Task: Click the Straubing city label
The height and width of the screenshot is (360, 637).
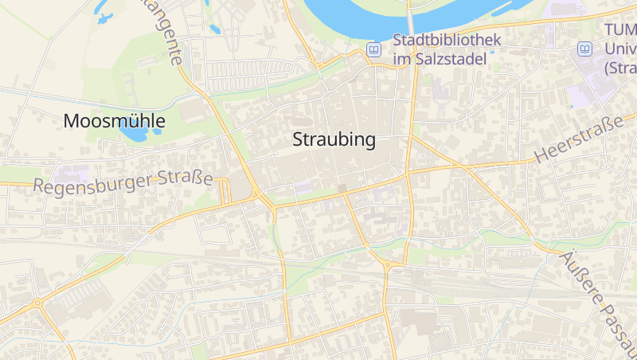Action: click(334, 140)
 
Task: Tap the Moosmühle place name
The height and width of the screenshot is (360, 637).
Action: click(114, 121)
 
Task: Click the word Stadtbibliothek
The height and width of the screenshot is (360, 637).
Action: click(447, 40)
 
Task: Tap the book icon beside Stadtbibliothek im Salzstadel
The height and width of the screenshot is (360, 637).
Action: click(373, 49)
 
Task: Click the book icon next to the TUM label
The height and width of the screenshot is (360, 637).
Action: click(585, 49)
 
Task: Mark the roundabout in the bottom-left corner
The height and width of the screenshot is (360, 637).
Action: click(37, 303)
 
